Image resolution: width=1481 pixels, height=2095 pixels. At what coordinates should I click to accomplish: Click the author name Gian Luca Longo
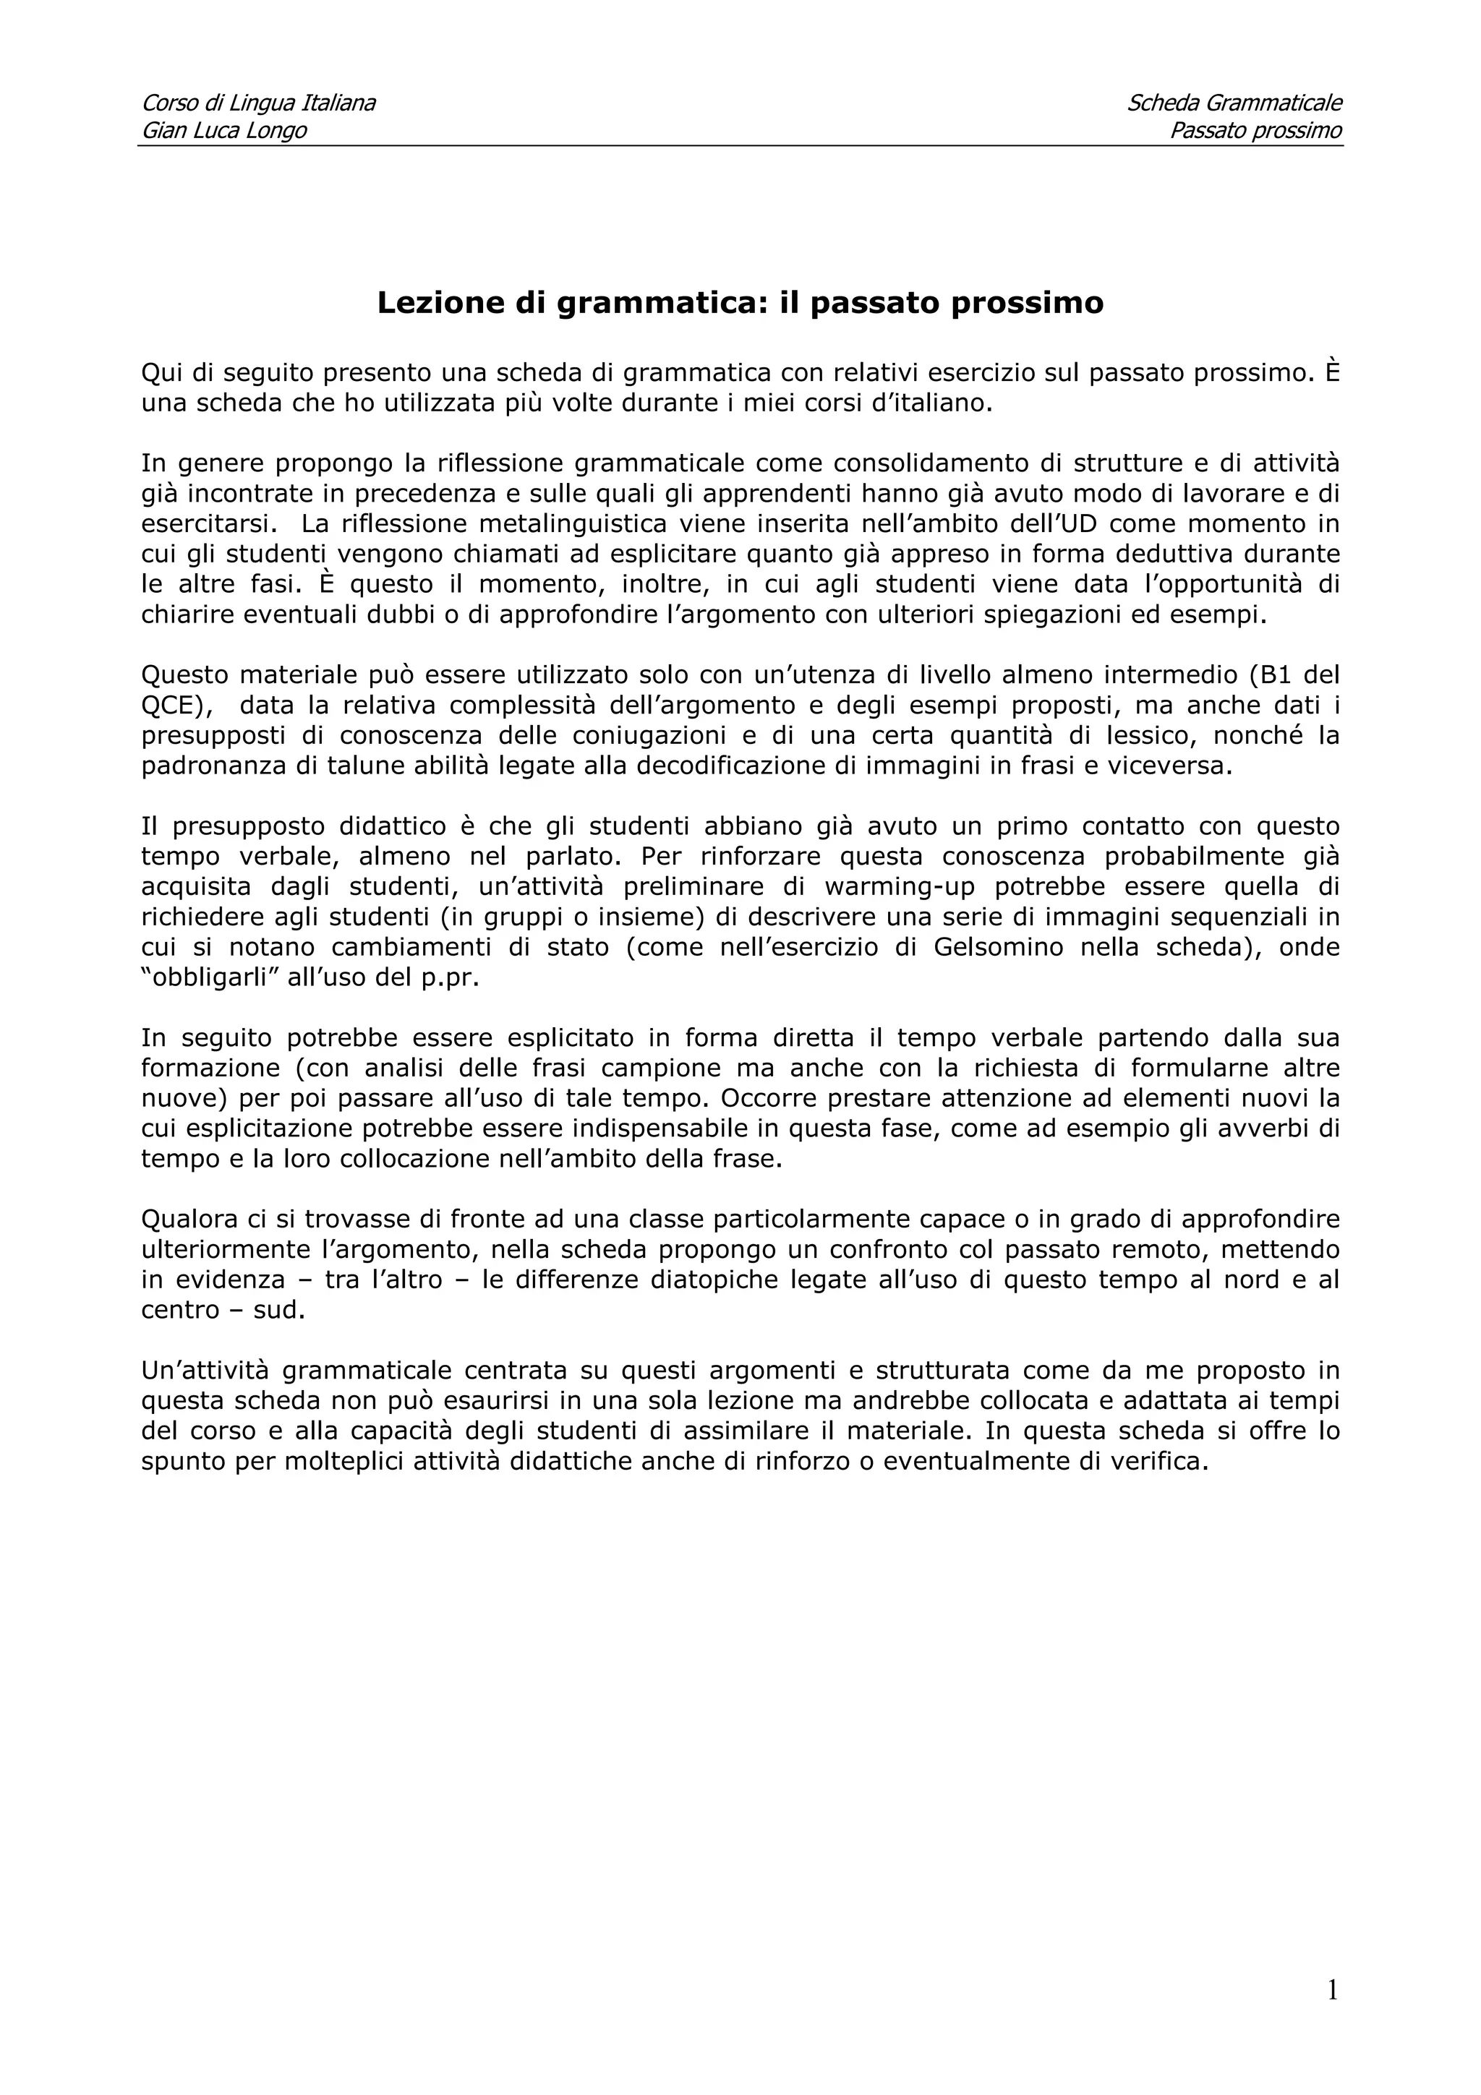223,130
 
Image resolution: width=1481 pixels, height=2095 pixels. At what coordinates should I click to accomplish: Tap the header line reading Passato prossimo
1255,130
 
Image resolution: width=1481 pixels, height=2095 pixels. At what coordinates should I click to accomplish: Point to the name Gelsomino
998,947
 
